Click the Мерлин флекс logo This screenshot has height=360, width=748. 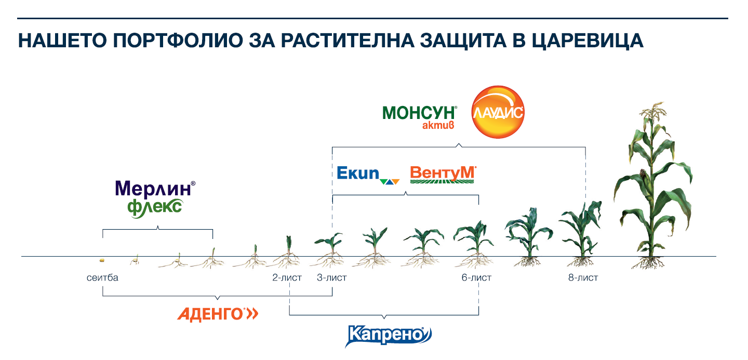pos(155,199)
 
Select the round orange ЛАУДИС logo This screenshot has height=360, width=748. pos(498,112)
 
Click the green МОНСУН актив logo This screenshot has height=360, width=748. pos(419,117)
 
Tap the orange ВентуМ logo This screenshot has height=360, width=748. pos(443,175)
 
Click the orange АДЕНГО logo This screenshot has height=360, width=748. pos(218,314)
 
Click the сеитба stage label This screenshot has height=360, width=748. pos(102,278)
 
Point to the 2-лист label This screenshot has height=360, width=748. pos(287,278)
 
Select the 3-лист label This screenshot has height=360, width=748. pos(331,278)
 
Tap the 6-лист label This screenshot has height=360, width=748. pos(476,278)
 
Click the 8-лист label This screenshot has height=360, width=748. pos(583,278)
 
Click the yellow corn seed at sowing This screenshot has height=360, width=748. pos(102,260)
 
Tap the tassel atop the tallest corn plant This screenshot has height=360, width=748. pos(653,114)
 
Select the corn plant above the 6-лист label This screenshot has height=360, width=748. pos(474,244)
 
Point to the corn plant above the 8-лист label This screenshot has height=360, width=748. pos(581,234)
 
